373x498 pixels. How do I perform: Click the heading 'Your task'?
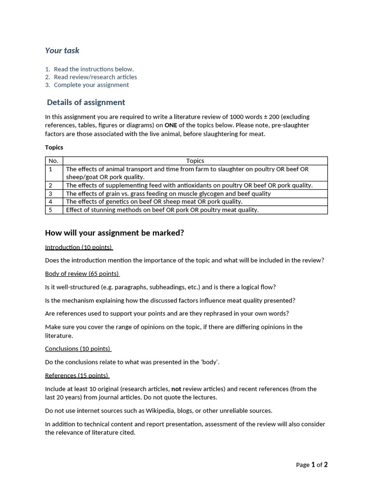tap(62, 51)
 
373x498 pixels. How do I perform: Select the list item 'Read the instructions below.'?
tap(93, 69)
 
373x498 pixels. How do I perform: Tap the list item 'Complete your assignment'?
tap(91, 85)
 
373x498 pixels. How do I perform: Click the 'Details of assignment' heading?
tap(86, 102)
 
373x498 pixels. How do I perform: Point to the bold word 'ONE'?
tap(170, 125)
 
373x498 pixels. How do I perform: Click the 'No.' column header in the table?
tap(53, 161)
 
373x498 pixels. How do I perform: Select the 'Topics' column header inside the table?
tap(195, 161)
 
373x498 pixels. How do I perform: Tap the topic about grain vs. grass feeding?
tap(168, 194)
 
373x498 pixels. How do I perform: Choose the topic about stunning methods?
tap(162, 210)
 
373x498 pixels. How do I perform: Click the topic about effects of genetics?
tap(154, 201)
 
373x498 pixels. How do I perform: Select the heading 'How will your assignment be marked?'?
tap(114, 233)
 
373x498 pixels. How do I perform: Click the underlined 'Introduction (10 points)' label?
tap(78, 247)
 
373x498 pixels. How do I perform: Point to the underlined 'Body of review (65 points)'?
tap(82, 274)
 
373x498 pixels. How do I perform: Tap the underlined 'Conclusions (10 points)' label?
tap(78, 349)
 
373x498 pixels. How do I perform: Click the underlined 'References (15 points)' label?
tap(77, 375)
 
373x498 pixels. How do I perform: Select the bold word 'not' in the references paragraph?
tap(176, 389)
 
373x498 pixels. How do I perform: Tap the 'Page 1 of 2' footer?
tap(312, 465)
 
